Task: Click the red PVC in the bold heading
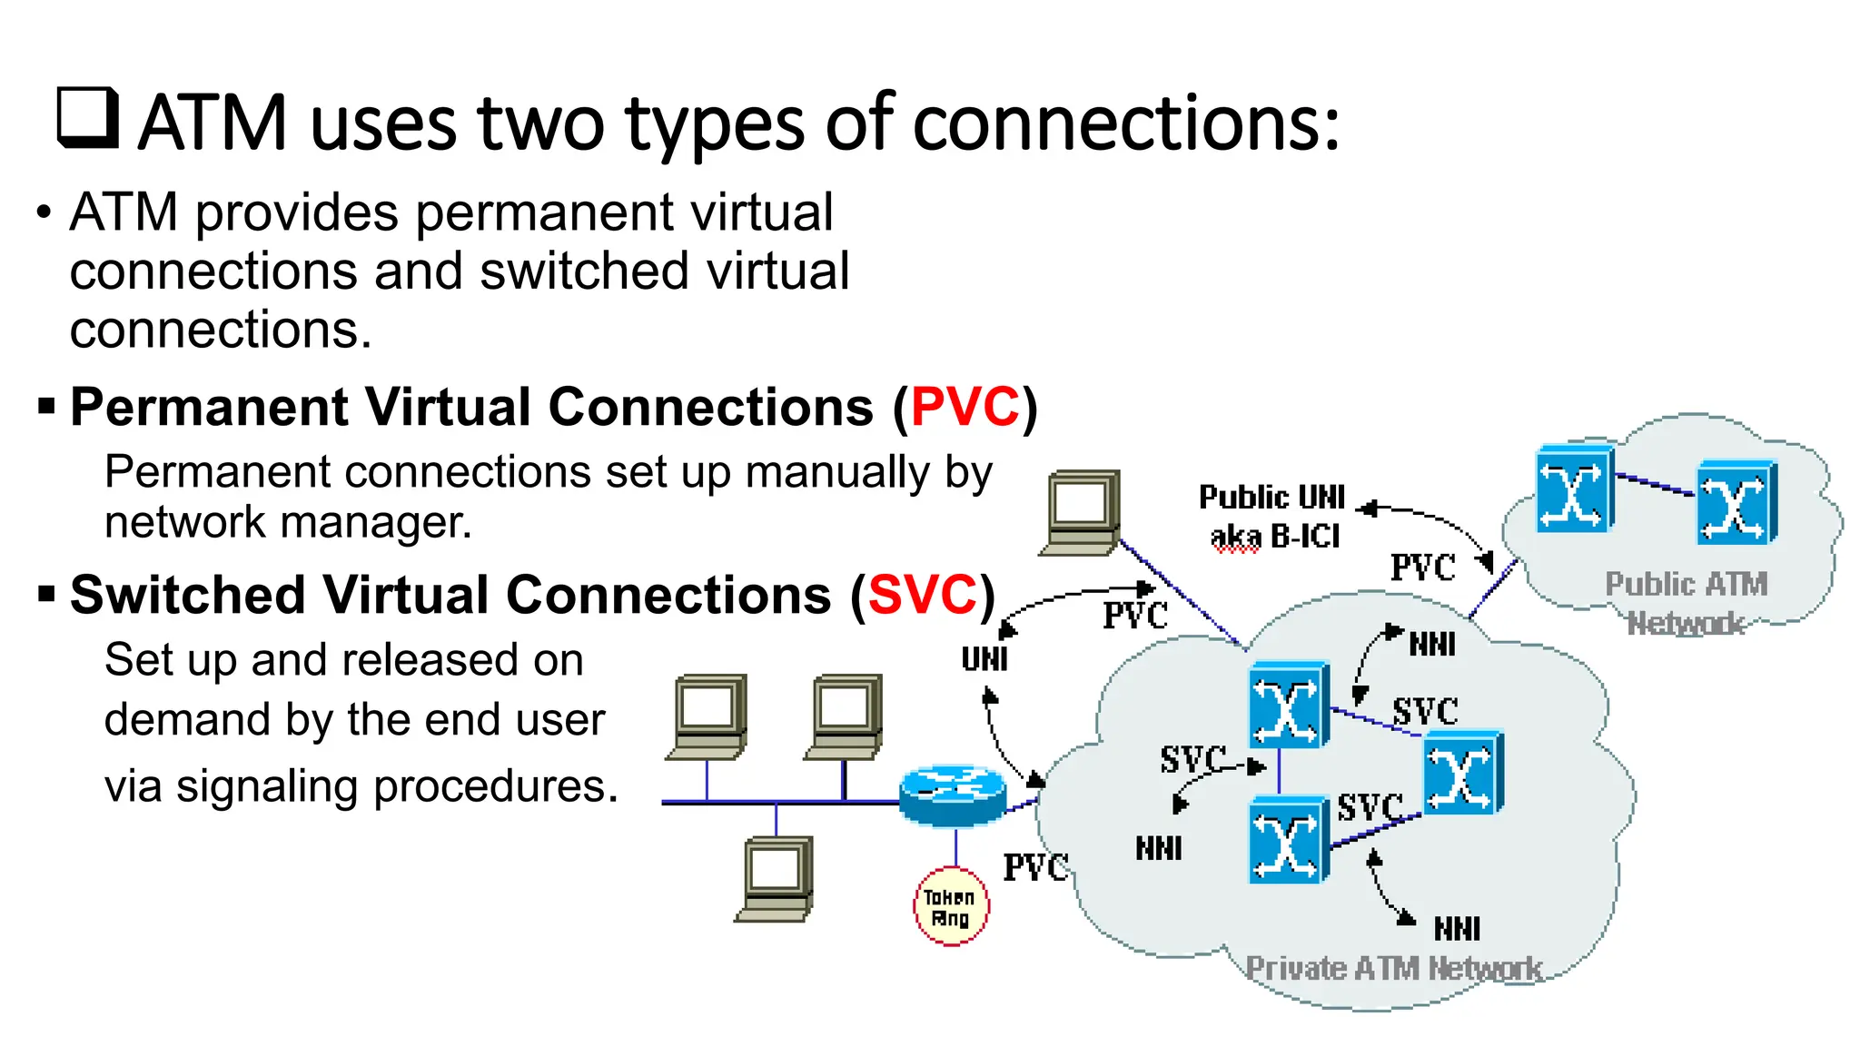965,407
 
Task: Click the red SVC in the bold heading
922,596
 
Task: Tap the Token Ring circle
950,907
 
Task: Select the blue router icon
952,794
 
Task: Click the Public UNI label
1271,498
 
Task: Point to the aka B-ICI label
1275,537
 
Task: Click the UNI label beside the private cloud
984,659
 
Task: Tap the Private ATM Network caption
1393,969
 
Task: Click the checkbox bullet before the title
87,118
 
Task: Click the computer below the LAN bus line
775,878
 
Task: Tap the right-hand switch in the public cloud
1736,502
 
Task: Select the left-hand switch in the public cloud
1573,488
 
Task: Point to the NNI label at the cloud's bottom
1457,929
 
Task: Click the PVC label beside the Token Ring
1035,867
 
